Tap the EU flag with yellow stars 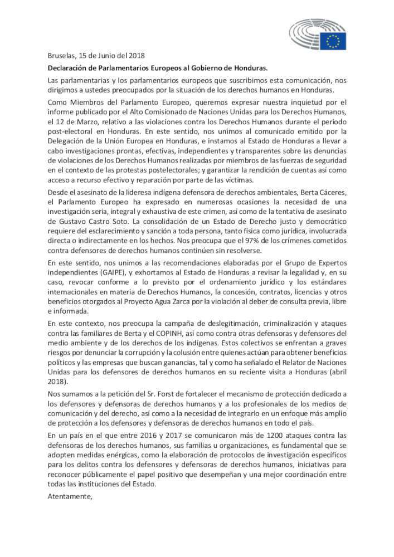point(333,41)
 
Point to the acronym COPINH point(162,332)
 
